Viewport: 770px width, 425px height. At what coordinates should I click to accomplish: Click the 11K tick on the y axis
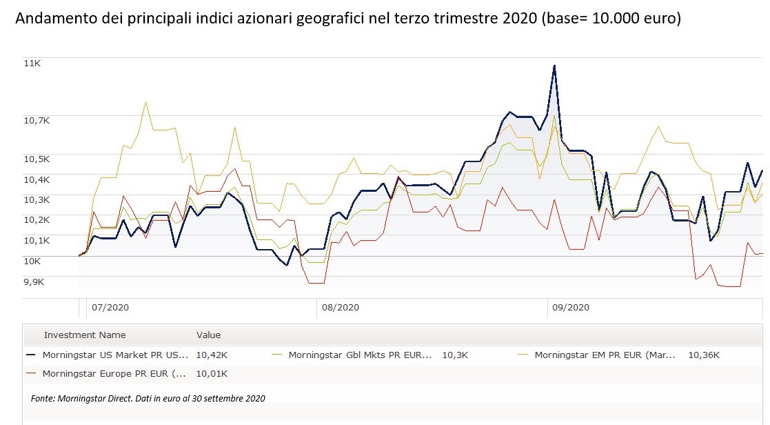33,63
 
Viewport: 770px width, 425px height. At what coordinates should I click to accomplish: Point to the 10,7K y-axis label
37,120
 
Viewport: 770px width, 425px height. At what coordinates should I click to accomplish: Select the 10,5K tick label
37,159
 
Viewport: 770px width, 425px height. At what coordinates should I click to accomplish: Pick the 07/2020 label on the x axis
110,308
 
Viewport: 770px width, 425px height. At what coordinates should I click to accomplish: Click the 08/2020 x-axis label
340,308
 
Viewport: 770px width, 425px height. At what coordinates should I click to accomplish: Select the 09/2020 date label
570,308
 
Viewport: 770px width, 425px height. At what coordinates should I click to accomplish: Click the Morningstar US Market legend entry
114,355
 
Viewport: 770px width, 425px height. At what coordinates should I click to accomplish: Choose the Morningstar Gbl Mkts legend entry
360,355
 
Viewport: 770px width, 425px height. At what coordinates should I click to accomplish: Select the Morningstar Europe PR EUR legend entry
114,373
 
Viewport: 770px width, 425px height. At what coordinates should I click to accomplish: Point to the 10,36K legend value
703,355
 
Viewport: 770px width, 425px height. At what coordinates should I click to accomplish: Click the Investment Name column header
85,335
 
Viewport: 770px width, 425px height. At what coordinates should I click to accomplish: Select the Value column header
208,335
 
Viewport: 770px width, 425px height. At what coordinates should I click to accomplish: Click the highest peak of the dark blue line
554,66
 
